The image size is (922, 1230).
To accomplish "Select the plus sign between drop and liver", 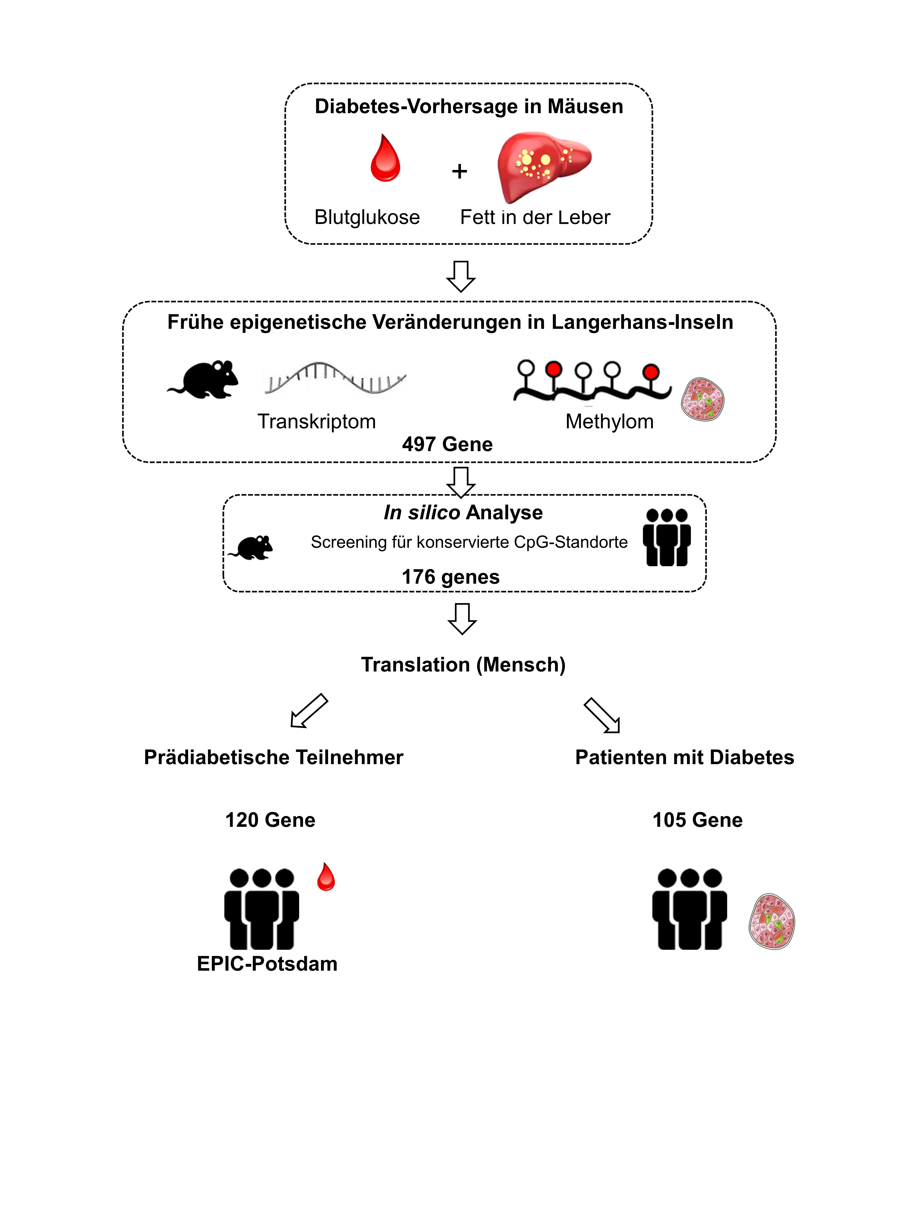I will pyautogui.click(x=459, y=171).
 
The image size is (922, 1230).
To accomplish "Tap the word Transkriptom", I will pyautogui.click(x=316, y=421).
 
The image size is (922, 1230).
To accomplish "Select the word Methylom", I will pyautogui.click(x=609, y=421).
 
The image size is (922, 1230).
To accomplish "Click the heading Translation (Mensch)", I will pyautogui.click(x=463, y=664).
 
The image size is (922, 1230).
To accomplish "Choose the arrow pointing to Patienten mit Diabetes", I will pyautogui.click(x=602, y=716).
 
